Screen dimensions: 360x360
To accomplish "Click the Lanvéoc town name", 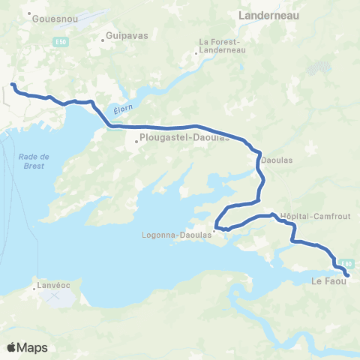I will click(53, 286).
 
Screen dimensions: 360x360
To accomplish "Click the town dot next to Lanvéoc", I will click(35, 286).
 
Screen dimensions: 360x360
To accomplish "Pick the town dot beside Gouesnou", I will click(28, 14).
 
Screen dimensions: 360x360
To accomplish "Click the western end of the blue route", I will click(13, 85).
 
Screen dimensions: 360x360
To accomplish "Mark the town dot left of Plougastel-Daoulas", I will click(136, 138).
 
